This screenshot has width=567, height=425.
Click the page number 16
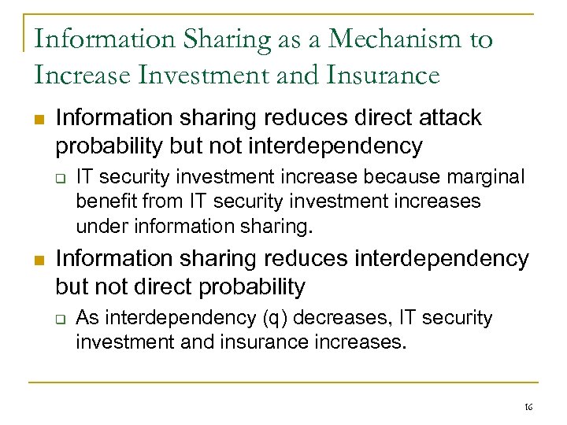tap(528, 406)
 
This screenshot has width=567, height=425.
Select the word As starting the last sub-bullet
tap(87, 318)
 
